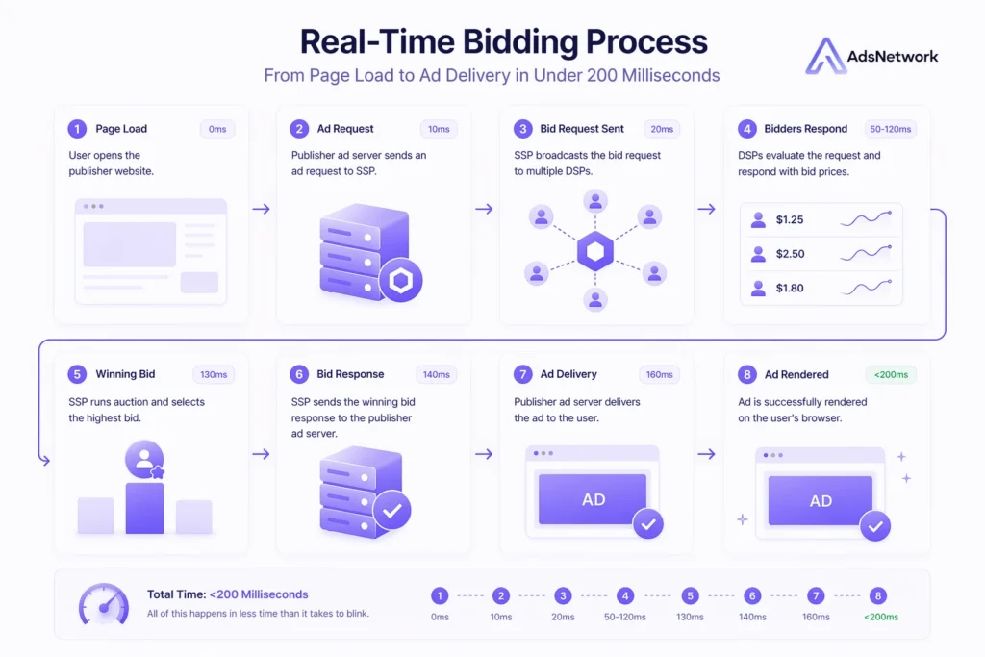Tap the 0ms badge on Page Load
(x=217, y=129)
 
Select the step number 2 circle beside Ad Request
(x=299, y=129)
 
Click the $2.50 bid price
(x=790, y=254)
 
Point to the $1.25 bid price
(x=790, y=219)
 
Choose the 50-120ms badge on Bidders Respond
(x=890, y=129)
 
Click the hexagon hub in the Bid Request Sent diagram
(x=595, y=253)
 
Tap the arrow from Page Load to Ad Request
(x=262, y=209)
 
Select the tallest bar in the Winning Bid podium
(x=144, y=507)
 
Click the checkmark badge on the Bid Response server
(x=391, y=511)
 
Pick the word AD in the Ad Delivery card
(x=594, y=500)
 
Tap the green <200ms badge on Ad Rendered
(x=891, y=374)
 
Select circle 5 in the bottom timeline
(x=690, y=595)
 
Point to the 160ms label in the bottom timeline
(x=816, y=617)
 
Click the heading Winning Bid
(x=125, y=374)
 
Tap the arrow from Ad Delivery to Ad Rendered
(x=707, y=454)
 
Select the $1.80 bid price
(x=790, y=288)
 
